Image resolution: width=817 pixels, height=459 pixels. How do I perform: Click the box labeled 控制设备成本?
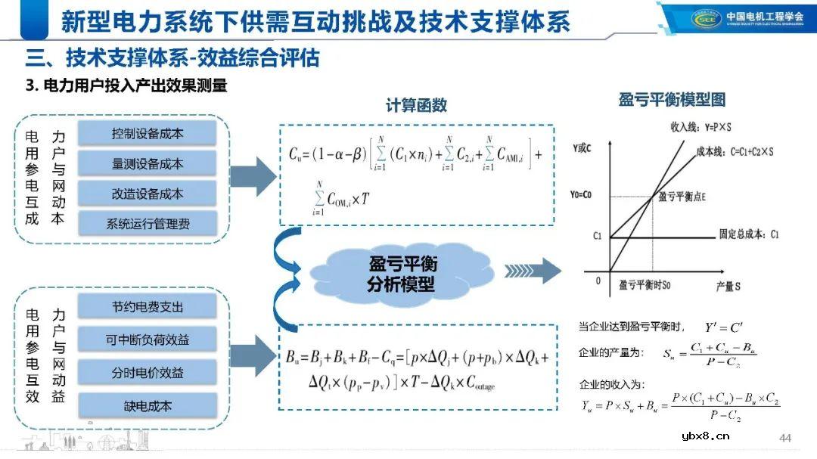click(x=147, y=134)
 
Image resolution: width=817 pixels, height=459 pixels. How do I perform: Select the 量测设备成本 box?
click(x=147, y=163)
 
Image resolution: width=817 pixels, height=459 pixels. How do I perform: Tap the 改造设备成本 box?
click(x=147, y=193)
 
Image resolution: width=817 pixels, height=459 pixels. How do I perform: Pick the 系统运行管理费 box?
click(x=147, y=223)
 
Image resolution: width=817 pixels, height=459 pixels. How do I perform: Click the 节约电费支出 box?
click(x=147, y=307)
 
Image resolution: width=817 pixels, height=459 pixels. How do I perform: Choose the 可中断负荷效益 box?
click(x=147, y=340)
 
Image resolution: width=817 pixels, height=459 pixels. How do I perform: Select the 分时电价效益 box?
click(x=147, y=372)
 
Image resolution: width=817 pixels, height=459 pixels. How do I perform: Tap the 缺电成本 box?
click(x=147, y=405)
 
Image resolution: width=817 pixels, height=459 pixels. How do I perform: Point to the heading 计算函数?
click(x=416, y=106)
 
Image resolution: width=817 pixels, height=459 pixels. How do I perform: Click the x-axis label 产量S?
click(x=728, y=287)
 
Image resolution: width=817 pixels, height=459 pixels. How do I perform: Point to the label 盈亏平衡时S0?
click(x=645, y=285)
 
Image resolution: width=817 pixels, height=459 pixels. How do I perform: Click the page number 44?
click(x=784, y=438)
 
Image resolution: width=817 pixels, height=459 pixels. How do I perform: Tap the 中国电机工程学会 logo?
click(x=738, y=17)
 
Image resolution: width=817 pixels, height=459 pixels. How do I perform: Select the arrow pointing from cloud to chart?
click(x=533, y=270)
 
